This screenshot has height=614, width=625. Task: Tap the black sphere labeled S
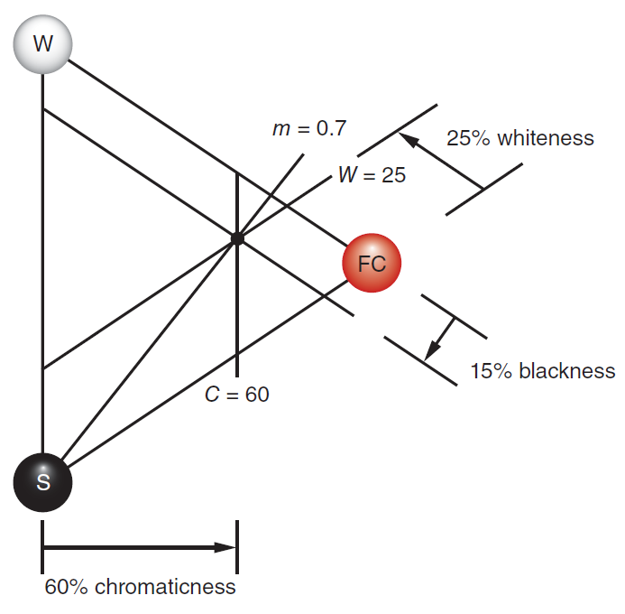[x=42, y=481]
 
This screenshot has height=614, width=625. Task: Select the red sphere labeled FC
[x=372, y=264]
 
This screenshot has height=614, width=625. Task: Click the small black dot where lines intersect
[x=237, y=238]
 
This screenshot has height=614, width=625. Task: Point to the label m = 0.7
[x=308, y=129]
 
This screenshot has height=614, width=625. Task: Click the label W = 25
[x=372, y=175]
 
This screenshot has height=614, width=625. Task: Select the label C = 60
[x=236, y=395]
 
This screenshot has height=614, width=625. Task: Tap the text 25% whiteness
[x=520, y=138]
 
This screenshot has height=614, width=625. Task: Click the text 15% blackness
[x=543, y=371]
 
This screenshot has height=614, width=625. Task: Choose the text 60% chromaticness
[x=141, y=587]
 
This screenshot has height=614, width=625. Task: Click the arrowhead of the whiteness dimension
[x=407, y=139]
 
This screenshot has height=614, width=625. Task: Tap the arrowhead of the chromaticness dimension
[x=225, y=546]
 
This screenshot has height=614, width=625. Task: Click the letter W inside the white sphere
[x=42, y=42]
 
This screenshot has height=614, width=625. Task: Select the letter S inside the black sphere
[x=42, y=482]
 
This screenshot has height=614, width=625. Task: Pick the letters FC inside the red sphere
[x=372, y=264]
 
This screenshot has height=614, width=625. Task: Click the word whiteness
[x=546, y=138]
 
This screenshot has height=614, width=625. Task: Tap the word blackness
[x=567, y=371]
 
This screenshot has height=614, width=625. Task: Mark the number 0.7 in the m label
[x=331, y=129]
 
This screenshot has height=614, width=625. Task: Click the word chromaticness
[x=164, y=587]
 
